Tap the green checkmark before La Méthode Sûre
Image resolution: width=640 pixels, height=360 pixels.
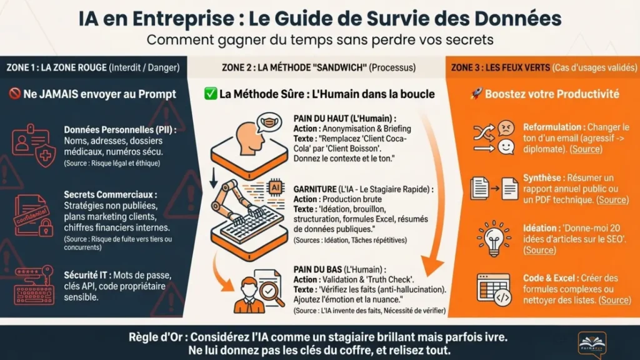[211, 94]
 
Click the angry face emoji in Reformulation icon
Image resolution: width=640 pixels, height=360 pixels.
[506, 129]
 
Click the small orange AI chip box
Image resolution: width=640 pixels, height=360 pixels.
[274, 186]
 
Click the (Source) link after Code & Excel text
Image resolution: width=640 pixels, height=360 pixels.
[614, 300]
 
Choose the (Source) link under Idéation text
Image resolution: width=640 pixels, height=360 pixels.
[539, 250]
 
